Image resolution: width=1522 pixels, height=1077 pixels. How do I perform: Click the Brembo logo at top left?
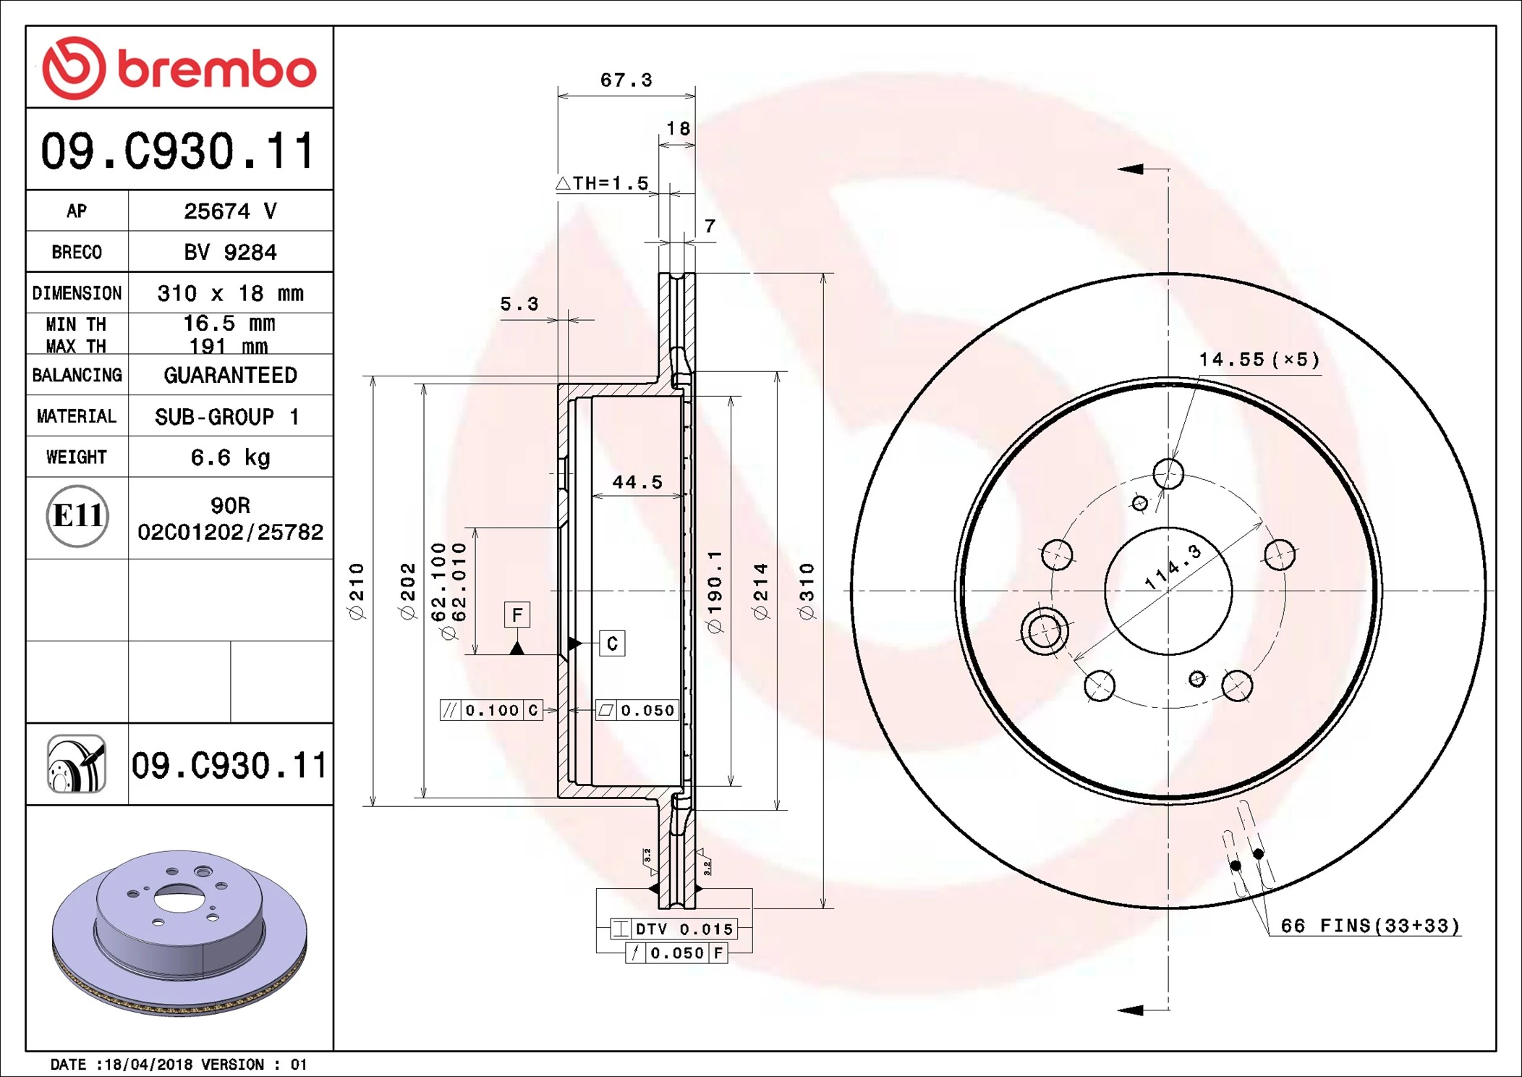tap(179, 68)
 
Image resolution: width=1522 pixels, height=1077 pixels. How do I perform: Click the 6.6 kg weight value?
tap(230, 457)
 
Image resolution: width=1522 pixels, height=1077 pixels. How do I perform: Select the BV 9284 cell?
tap(230, 252)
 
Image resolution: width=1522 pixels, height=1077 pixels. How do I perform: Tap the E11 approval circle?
tap(77, 516)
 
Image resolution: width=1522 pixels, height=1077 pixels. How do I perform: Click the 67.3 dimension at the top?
tap(626, 80)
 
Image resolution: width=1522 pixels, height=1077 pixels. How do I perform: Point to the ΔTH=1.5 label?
tap(603, 183)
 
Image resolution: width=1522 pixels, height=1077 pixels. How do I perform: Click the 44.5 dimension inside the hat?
tap(637, 482)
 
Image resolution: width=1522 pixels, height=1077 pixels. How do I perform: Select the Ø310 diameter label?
tap(807, 591)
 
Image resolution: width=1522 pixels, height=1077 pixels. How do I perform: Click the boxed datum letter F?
tap(516, 615)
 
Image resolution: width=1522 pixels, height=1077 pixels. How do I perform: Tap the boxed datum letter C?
tap(612, 643)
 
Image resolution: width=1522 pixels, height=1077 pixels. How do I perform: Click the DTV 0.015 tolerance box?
tap(673, 929)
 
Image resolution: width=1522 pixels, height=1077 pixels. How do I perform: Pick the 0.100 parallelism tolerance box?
tap(491, 710)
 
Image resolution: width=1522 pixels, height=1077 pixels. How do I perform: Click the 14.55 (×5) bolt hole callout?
tap(1259, 360)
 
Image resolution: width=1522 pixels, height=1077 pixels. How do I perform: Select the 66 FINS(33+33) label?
tap(1369, 926)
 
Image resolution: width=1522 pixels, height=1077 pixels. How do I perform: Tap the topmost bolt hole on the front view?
tap(1168, 474)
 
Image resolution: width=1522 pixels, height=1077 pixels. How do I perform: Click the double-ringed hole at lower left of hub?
tap(1044, 631)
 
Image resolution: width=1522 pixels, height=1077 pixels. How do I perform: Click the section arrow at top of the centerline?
tap(1131, 169)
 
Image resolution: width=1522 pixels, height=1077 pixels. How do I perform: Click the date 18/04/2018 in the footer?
tap(148, 1064)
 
